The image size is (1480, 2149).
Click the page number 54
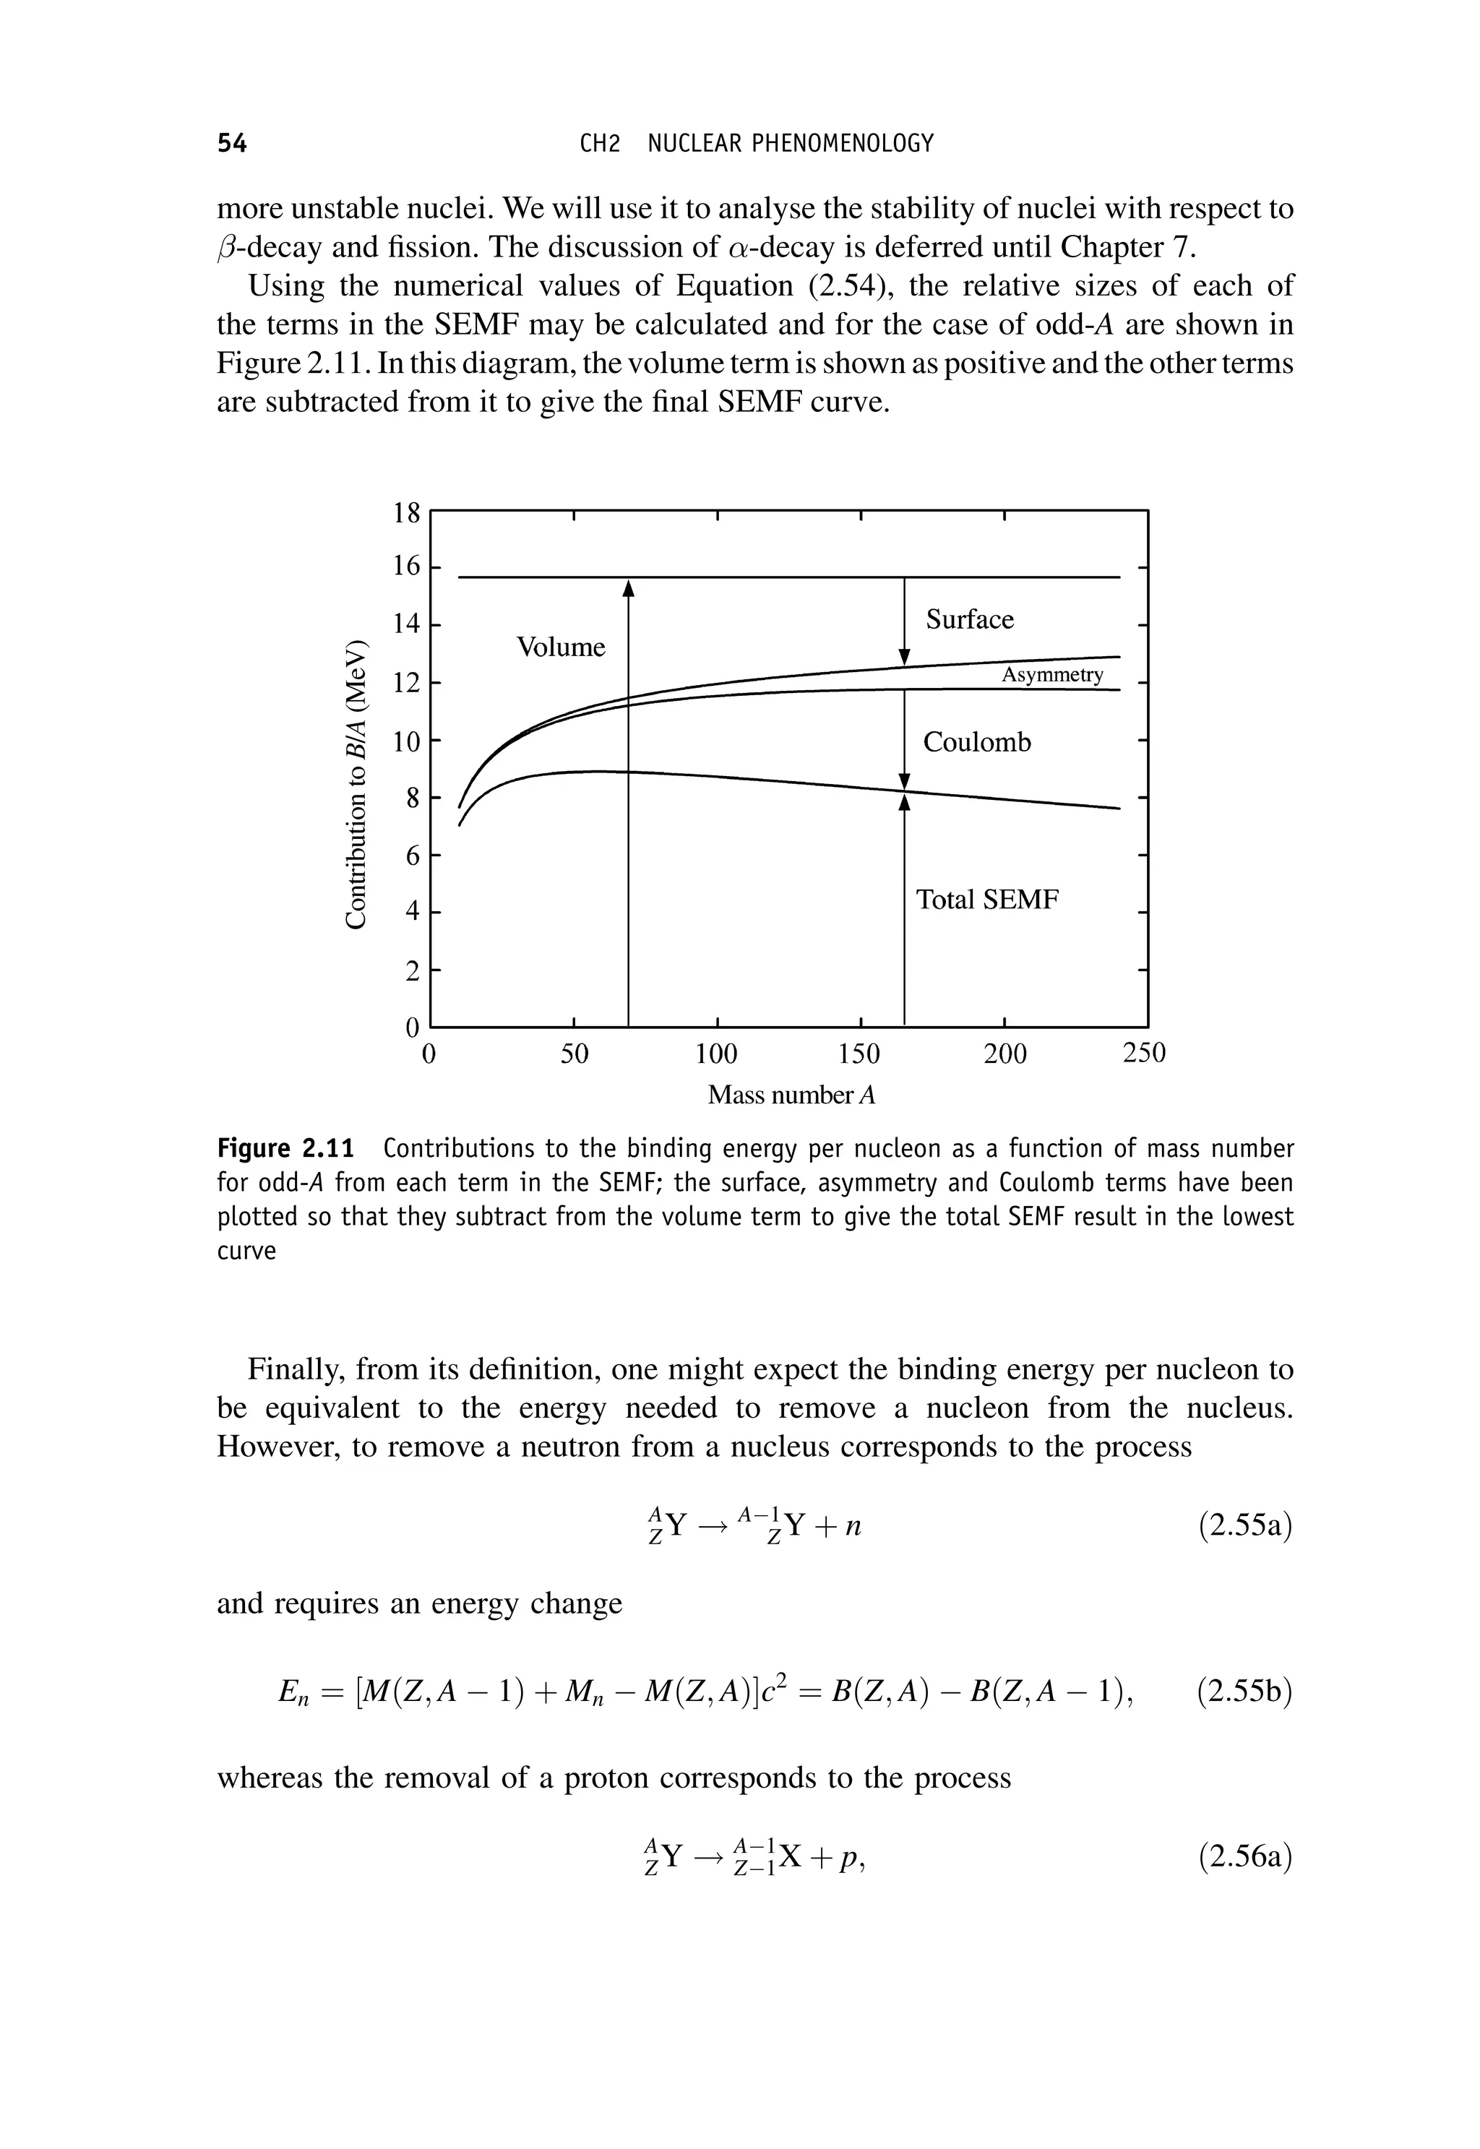click(x=232, y=143)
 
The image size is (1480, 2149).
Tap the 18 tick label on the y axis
click(x=406, y=513)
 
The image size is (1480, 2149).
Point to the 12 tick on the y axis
click(x=406, y=684)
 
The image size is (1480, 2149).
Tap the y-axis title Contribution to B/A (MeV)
click(x=354, y=783)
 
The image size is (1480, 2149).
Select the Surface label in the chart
click(x=969, y=619)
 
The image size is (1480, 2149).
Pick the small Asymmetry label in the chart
click(x=1051, y=674)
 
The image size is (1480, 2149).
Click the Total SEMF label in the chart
click(x=986, y=900)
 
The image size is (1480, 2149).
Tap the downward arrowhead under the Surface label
click(x=905, y=656)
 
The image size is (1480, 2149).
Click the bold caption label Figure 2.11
click(x=285, y=1150)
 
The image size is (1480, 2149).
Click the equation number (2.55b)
click(x=1244, y=1692)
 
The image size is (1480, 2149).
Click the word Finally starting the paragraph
click(x=294, y=1369)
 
